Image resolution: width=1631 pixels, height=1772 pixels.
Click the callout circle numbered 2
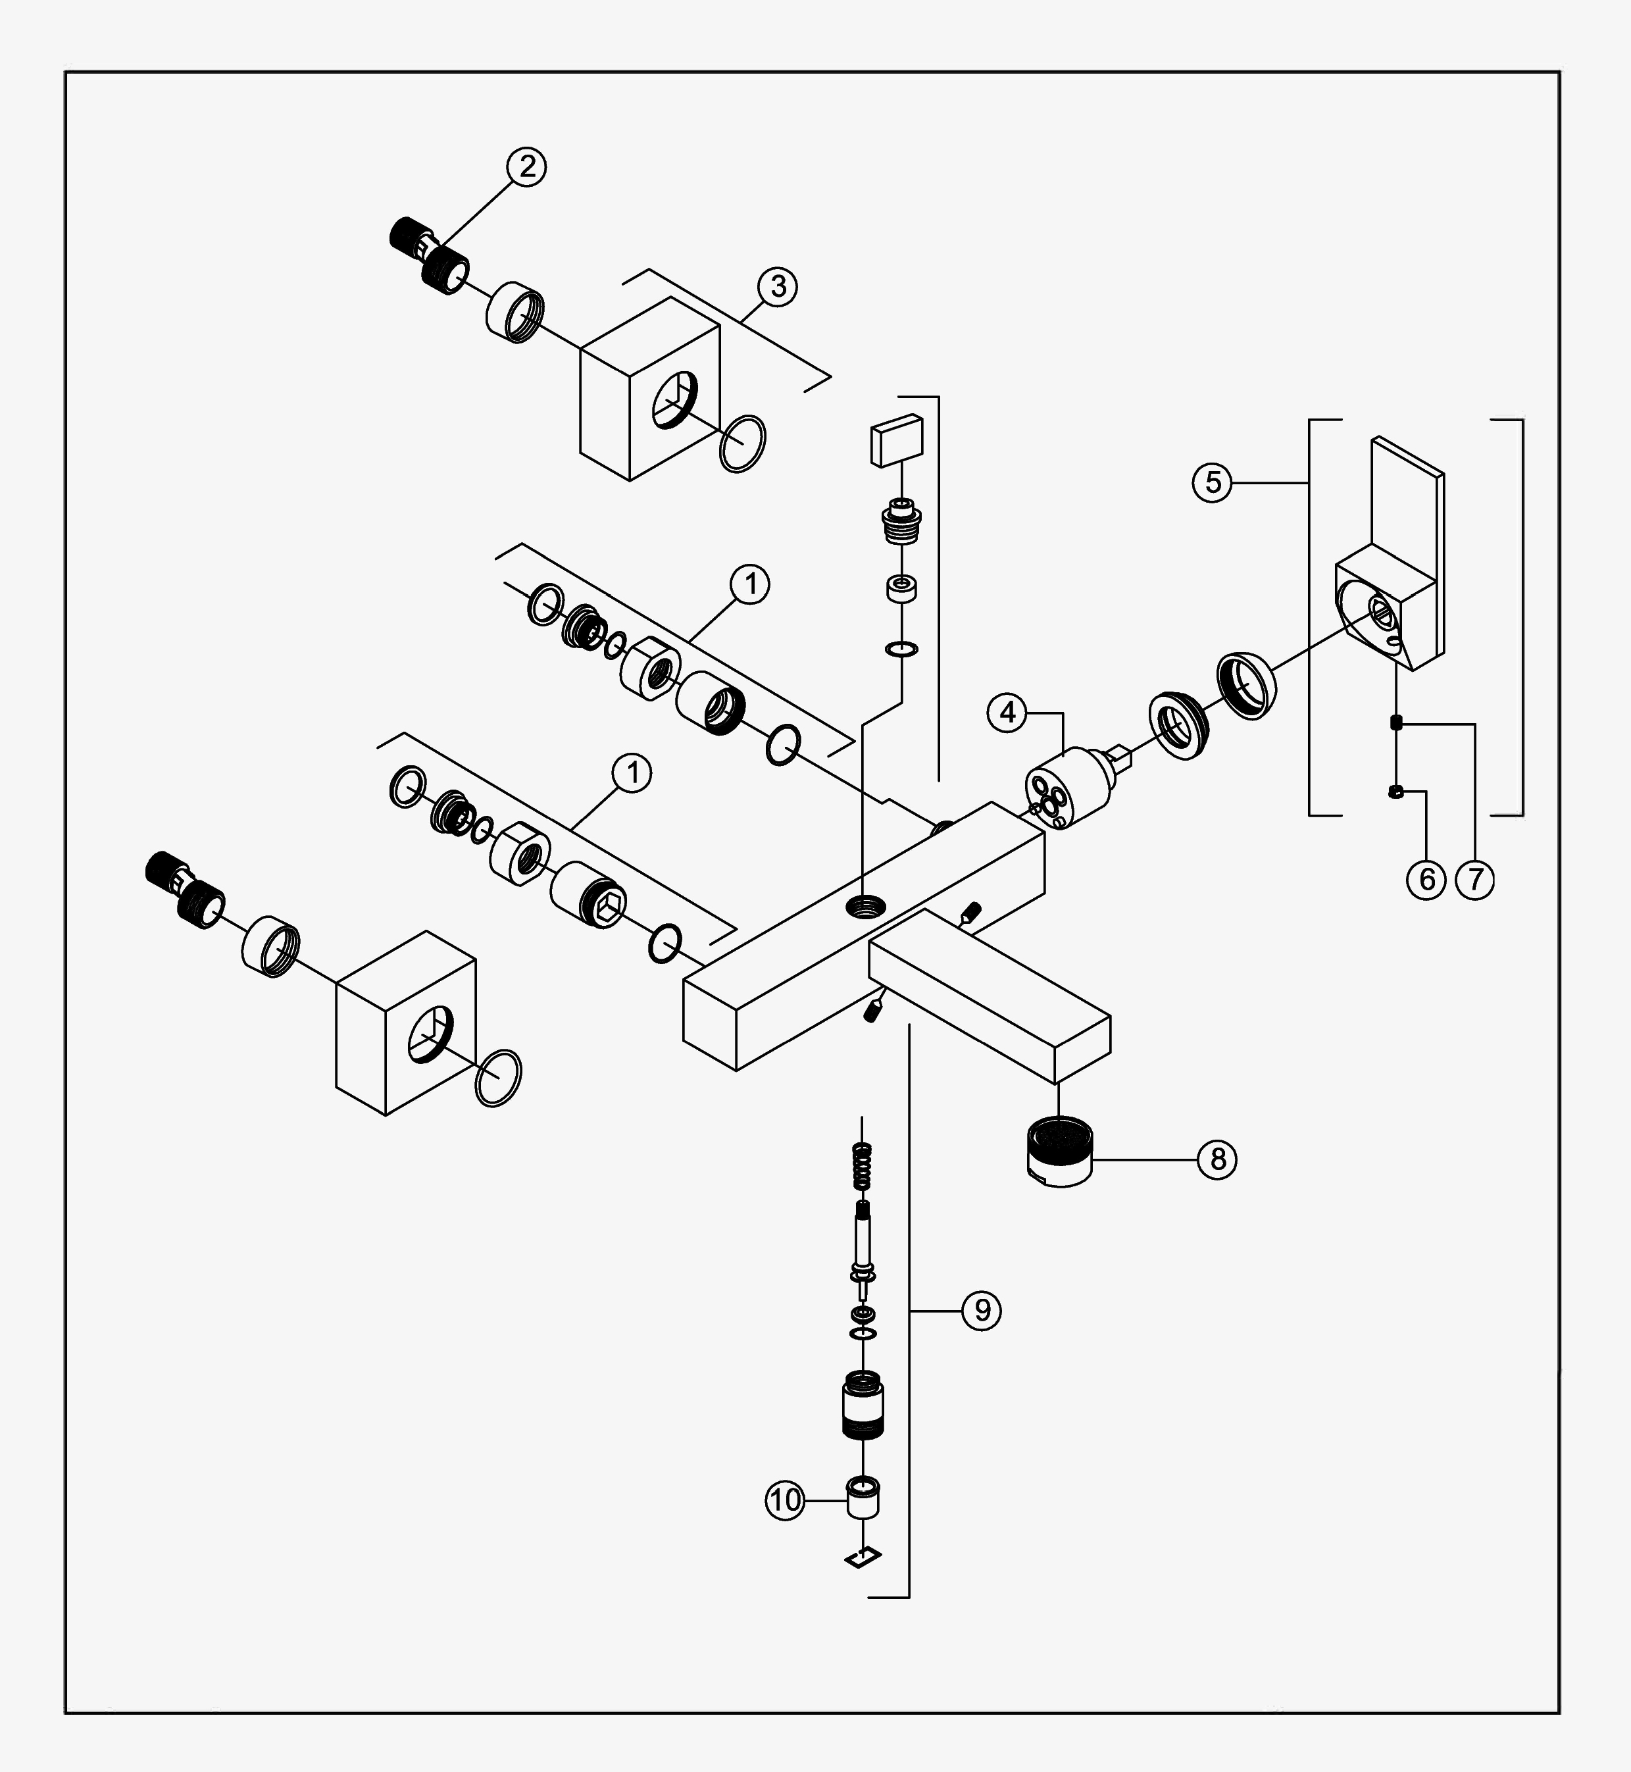click(x=527, y=166)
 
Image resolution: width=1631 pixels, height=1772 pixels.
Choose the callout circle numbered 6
click(x=1427, y=879)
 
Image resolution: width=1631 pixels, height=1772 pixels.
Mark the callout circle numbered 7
click(x=1476, y=879)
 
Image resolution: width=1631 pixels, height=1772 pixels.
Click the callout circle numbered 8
click(x=1218, y=1159)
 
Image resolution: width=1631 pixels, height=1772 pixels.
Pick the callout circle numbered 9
click(x=982, y=1311)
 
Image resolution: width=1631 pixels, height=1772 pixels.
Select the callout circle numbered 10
click(x=785, y=1500)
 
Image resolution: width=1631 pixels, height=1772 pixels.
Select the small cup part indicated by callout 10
click(x=865, y=1496)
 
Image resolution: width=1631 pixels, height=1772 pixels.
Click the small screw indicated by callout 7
click(x=1395, y=722)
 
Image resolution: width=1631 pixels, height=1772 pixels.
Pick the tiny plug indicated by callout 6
click(x=1395, y=792)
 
